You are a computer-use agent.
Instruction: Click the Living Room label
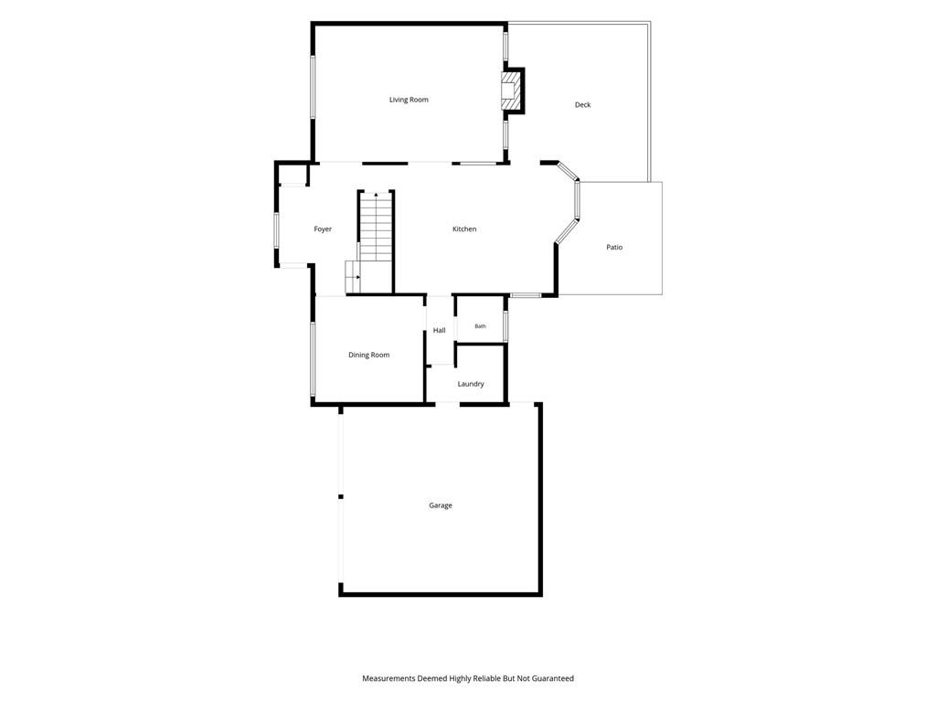(409, 100)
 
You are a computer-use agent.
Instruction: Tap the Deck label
(582, 104)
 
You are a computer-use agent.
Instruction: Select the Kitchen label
(464, 229)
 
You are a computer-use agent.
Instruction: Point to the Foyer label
(323, 229)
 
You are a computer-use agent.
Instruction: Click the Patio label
(614, 247)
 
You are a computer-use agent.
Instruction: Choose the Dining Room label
(369, 356)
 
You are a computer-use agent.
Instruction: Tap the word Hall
(440, 330)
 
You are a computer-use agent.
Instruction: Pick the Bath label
(481, 326)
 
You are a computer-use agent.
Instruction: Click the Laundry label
(471, 384)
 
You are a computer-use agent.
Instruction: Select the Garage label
(441, 505)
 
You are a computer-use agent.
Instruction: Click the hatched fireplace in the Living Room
(511, 90)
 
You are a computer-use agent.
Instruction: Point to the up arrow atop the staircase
(376, 196)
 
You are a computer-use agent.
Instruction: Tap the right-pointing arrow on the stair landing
(357, 277)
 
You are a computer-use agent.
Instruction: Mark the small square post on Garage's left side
(341, 496)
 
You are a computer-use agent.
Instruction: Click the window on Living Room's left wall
(313, 87)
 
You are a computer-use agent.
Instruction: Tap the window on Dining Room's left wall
(313, 358)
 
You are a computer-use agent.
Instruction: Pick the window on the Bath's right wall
(505, 326)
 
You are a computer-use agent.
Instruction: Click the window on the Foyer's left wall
(276, 231)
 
